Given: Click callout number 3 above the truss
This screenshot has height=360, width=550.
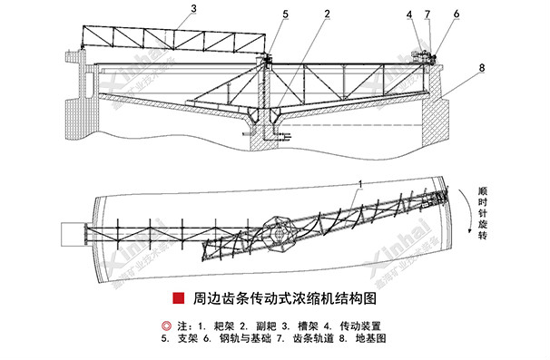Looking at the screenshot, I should point(193,9).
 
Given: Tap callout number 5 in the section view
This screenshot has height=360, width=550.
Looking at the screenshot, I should point(285,14).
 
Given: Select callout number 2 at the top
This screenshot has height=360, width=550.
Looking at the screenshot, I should point(325,14).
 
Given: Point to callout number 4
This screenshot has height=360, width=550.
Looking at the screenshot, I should point(409,14).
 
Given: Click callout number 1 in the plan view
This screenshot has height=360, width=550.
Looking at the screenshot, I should point(361,183).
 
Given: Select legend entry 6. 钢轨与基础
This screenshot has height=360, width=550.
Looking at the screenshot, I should point(233,338).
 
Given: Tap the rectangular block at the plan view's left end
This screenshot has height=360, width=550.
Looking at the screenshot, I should point(71,233).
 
